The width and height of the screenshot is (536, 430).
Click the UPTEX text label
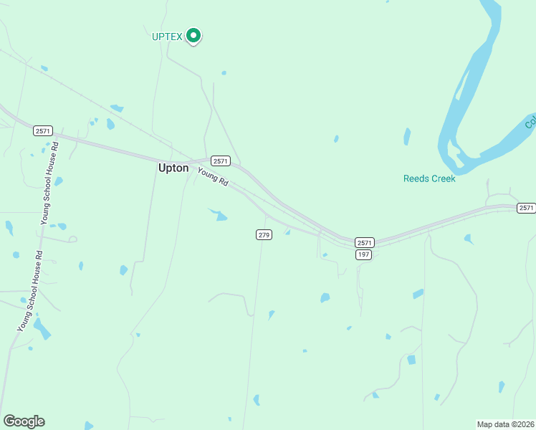click(x=168, y=37)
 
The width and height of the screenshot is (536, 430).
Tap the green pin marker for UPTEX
click(x=193, y=35)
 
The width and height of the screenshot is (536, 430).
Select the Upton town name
click(x=173, y=168)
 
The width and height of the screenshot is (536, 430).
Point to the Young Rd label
click(x=212, y=178)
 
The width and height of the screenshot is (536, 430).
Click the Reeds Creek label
click(x=429, y=178)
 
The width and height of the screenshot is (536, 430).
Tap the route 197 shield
click(x=364, y=254)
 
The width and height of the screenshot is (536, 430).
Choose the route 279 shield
click(x=264, y=234)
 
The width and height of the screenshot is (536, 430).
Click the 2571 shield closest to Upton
click(x=221, y=161)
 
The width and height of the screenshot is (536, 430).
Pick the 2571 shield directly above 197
click(x=365, y=243)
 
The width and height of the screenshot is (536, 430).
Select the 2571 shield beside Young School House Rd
click(x=42, y=130)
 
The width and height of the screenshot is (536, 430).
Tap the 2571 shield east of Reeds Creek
click(x=527, y=207)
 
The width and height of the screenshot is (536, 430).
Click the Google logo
click(x=24, y=421)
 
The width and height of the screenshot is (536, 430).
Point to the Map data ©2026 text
click(x=505, y=424)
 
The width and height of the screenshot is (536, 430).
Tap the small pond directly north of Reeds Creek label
click(x=407, y=136)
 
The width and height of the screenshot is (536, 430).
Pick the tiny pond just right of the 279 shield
click(x=287, y=231)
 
